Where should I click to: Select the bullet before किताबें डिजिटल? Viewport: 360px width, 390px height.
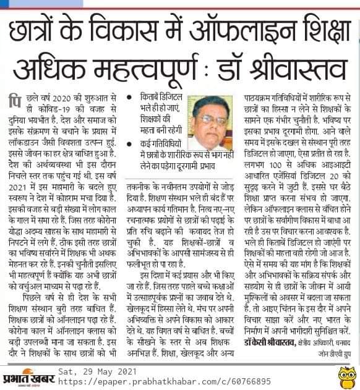coord(128,98)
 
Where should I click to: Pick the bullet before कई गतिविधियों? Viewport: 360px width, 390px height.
coord(128,142)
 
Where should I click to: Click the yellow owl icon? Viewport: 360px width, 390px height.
coord(346,374)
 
